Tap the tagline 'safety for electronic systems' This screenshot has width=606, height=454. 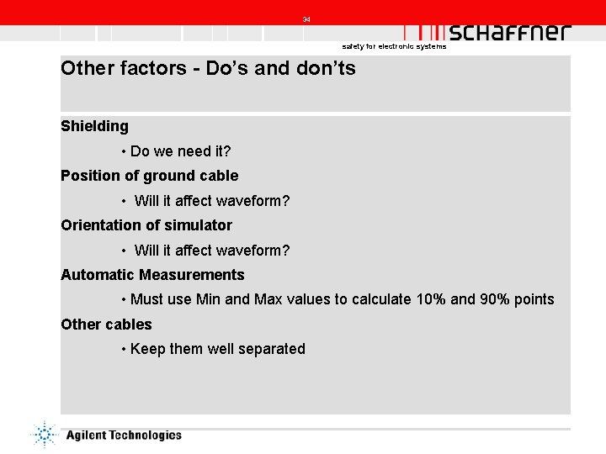pos(394,47)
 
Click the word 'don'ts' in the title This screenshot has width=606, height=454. pos(324,69)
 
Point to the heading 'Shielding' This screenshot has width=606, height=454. pos(94,126)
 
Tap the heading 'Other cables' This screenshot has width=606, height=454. pos(106,325)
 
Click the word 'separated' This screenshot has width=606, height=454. pos(273,349)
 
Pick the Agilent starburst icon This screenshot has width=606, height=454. pos(42,434)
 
